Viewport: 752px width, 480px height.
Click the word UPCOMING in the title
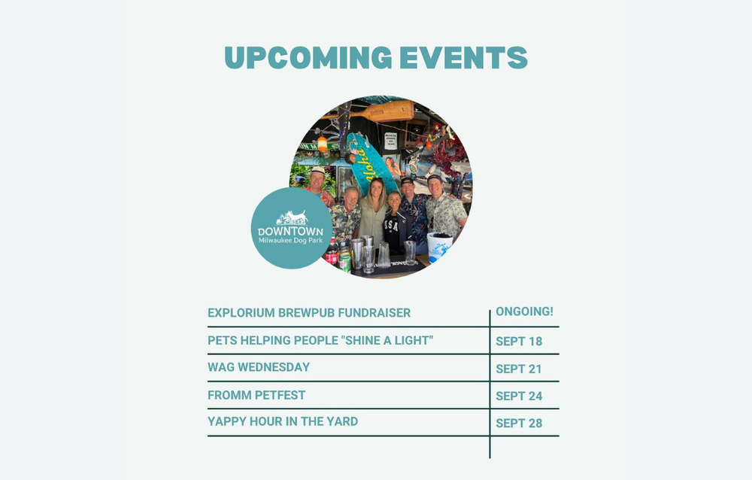[308, 58]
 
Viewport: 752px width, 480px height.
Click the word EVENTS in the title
[463, 58]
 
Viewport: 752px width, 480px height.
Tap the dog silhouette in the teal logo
[292, 217]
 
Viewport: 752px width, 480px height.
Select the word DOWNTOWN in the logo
[290, 232]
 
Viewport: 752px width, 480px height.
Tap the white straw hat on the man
[317, 170]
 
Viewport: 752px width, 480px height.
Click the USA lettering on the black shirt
[391, 225]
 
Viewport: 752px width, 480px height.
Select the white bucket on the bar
[439, 247]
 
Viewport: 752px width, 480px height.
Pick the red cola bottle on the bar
[332, 253]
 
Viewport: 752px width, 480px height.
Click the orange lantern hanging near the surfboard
[323, 144]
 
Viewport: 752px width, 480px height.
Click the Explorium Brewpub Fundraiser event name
[309, 313]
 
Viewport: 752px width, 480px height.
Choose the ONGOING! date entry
[524, 311]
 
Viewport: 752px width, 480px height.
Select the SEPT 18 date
[519, 342]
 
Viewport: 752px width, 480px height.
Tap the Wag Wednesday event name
[259, 367]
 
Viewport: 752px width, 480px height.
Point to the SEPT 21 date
[518, 369]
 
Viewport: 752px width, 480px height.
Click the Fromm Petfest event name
[256, 395]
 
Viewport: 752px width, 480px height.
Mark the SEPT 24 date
[519, 396]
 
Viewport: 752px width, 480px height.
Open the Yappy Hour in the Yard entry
[283, 421]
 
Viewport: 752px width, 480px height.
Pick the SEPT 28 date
[519, 424]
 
